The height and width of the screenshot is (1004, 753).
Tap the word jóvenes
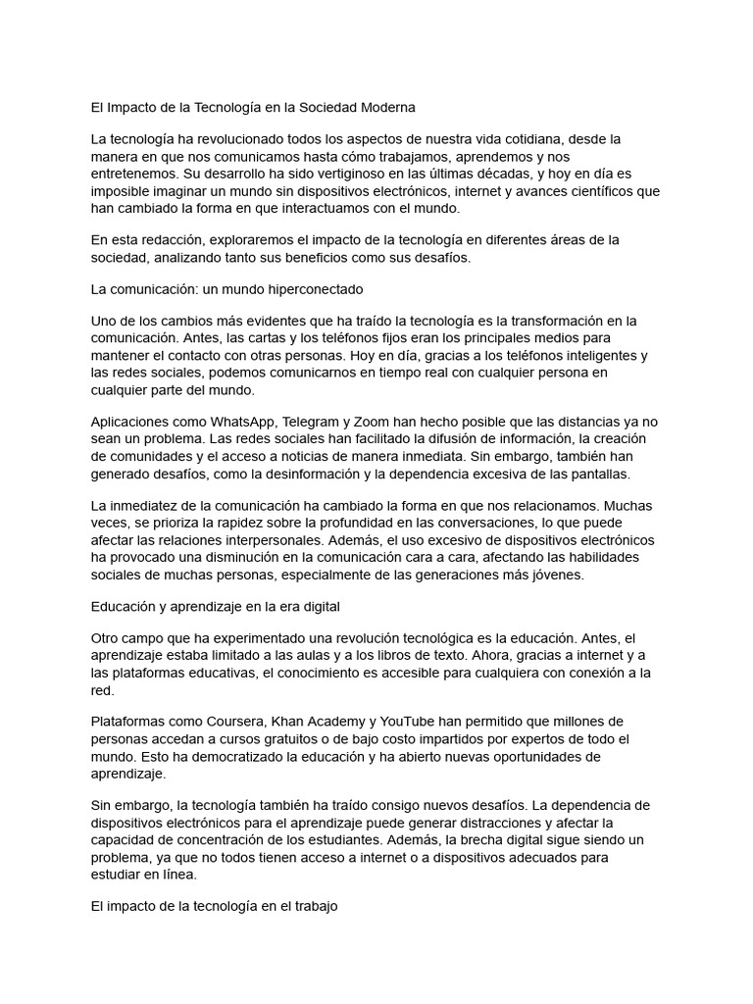(551, 576)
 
